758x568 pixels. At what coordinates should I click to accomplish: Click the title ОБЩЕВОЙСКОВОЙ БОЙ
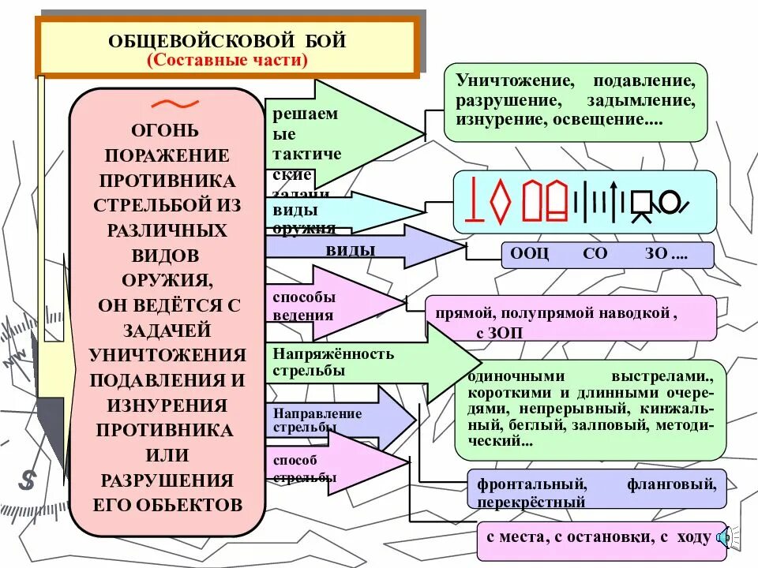227,40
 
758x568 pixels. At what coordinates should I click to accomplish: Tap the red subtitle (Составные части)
227,60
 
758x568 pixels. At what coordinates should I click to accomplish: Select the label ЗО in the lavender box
655,255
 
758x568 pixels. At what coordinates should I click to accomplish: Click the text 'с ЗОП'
500,333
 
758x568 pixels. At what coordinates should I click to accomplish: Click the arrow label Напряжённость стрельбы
333,362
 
